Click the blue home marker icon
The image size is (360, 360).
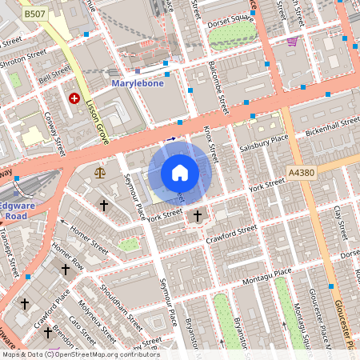pos(180,172)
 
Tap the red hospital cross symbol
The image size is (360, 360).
pos(74,98)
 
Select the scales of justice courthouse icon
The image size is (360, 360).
pos(99,171)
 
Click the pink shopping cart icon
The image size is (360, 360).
pos(292,42)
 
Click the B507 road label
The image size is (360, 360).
pos(34,14)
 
